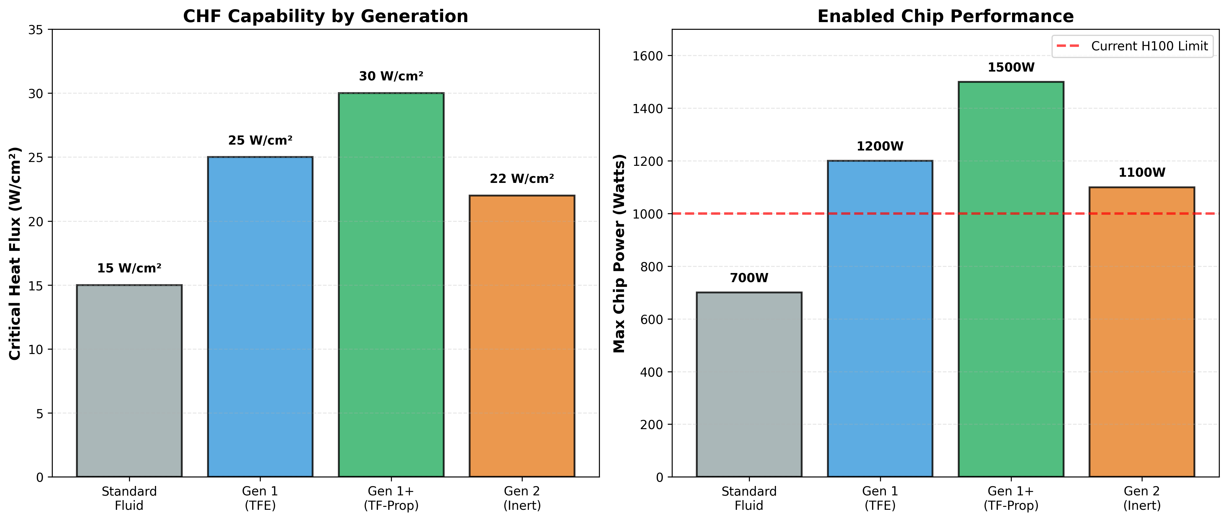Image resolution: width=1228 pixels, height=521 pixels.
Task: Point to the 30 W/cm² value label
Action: [391, 76]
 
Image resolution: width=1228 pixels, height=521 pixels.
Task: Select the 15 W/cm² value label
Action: [129, 268]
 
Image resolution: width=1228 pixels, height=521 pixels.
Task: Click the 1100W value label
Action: [1142, 173]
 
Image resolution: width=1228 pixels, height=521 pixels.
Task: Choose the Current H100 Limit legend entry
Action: [1133, 46]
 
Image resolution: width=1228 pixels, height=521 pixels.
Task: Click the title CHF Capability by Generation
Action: [326, 16]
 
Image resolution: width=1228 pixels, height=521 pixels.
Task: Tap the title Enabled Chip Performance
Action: [945, 16]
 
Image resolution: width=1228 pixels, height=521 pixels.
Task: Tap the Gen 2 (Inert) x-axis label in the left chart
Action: [522, 498]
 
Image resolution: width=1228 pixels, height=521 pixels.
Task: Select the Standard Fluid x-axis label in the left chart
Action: [129, 498]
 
